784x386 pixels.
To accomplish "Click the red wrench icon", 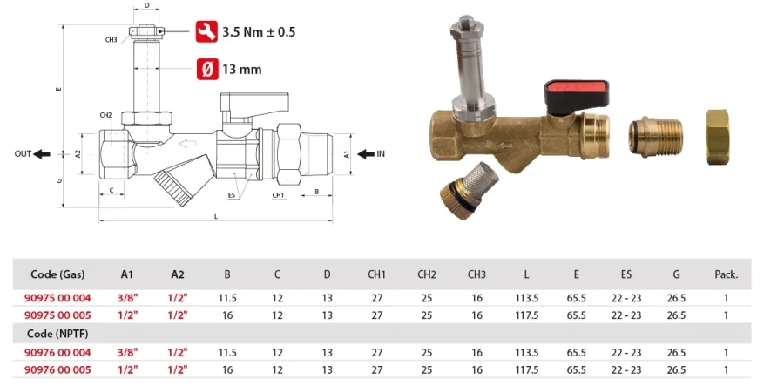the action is click(x=206, y=31).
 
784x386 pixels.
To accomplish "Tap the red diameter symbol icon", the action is click(x=206, y=69).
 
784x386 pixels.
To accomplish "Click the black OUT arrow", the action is click(x=42, y=154).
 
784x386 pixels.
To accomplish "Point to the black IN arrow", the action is click(x=366, y=154).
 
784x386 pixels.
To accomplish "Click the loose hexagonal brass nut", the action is click(x=718, y=137).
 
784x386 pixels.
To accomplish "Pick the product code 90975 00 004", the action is click(x=58, y=299).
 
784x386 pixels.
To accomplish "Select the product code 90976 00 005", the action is click(x=58, y=370).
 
